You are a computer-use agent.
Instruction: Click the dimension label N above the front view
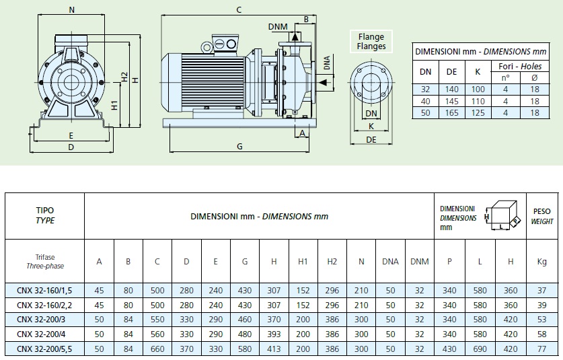point(72,10)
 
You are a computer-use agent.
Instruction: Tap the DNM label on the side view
point(278,26)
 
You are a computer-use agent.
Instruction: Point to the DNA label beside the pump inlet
point(327,63)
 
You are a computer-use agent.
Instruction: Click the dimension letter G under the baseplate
point(239,146)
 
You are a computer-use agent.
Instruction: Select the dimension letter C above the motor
point(239,10)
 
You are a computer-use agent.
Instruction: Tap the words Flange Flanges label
point(372,42)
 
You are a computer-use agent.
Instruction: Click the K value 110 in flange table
point(478,101)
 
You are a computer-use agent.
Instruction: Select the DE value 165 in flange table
point(451,113)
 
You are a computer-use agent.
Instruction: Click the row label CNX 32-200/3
point(44,320)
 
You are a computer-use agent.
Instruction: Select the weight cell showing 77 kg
point(542,349)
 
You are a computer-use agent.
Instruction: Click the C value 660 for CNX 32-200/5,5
point(157,349)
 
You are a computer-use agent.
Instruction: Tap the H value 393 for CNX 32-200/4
point(274,334)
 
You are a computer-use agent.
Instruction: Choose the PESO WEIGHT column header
point(542,216)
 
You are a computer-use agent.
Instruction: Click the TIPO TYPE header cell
point(44,216)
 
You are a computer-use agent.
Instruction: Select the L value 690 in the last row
point(480,349)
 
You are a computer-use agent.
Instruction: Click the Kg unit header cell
point(542,261)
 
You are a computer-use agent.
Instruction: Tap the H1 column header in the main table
point(303,261)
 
